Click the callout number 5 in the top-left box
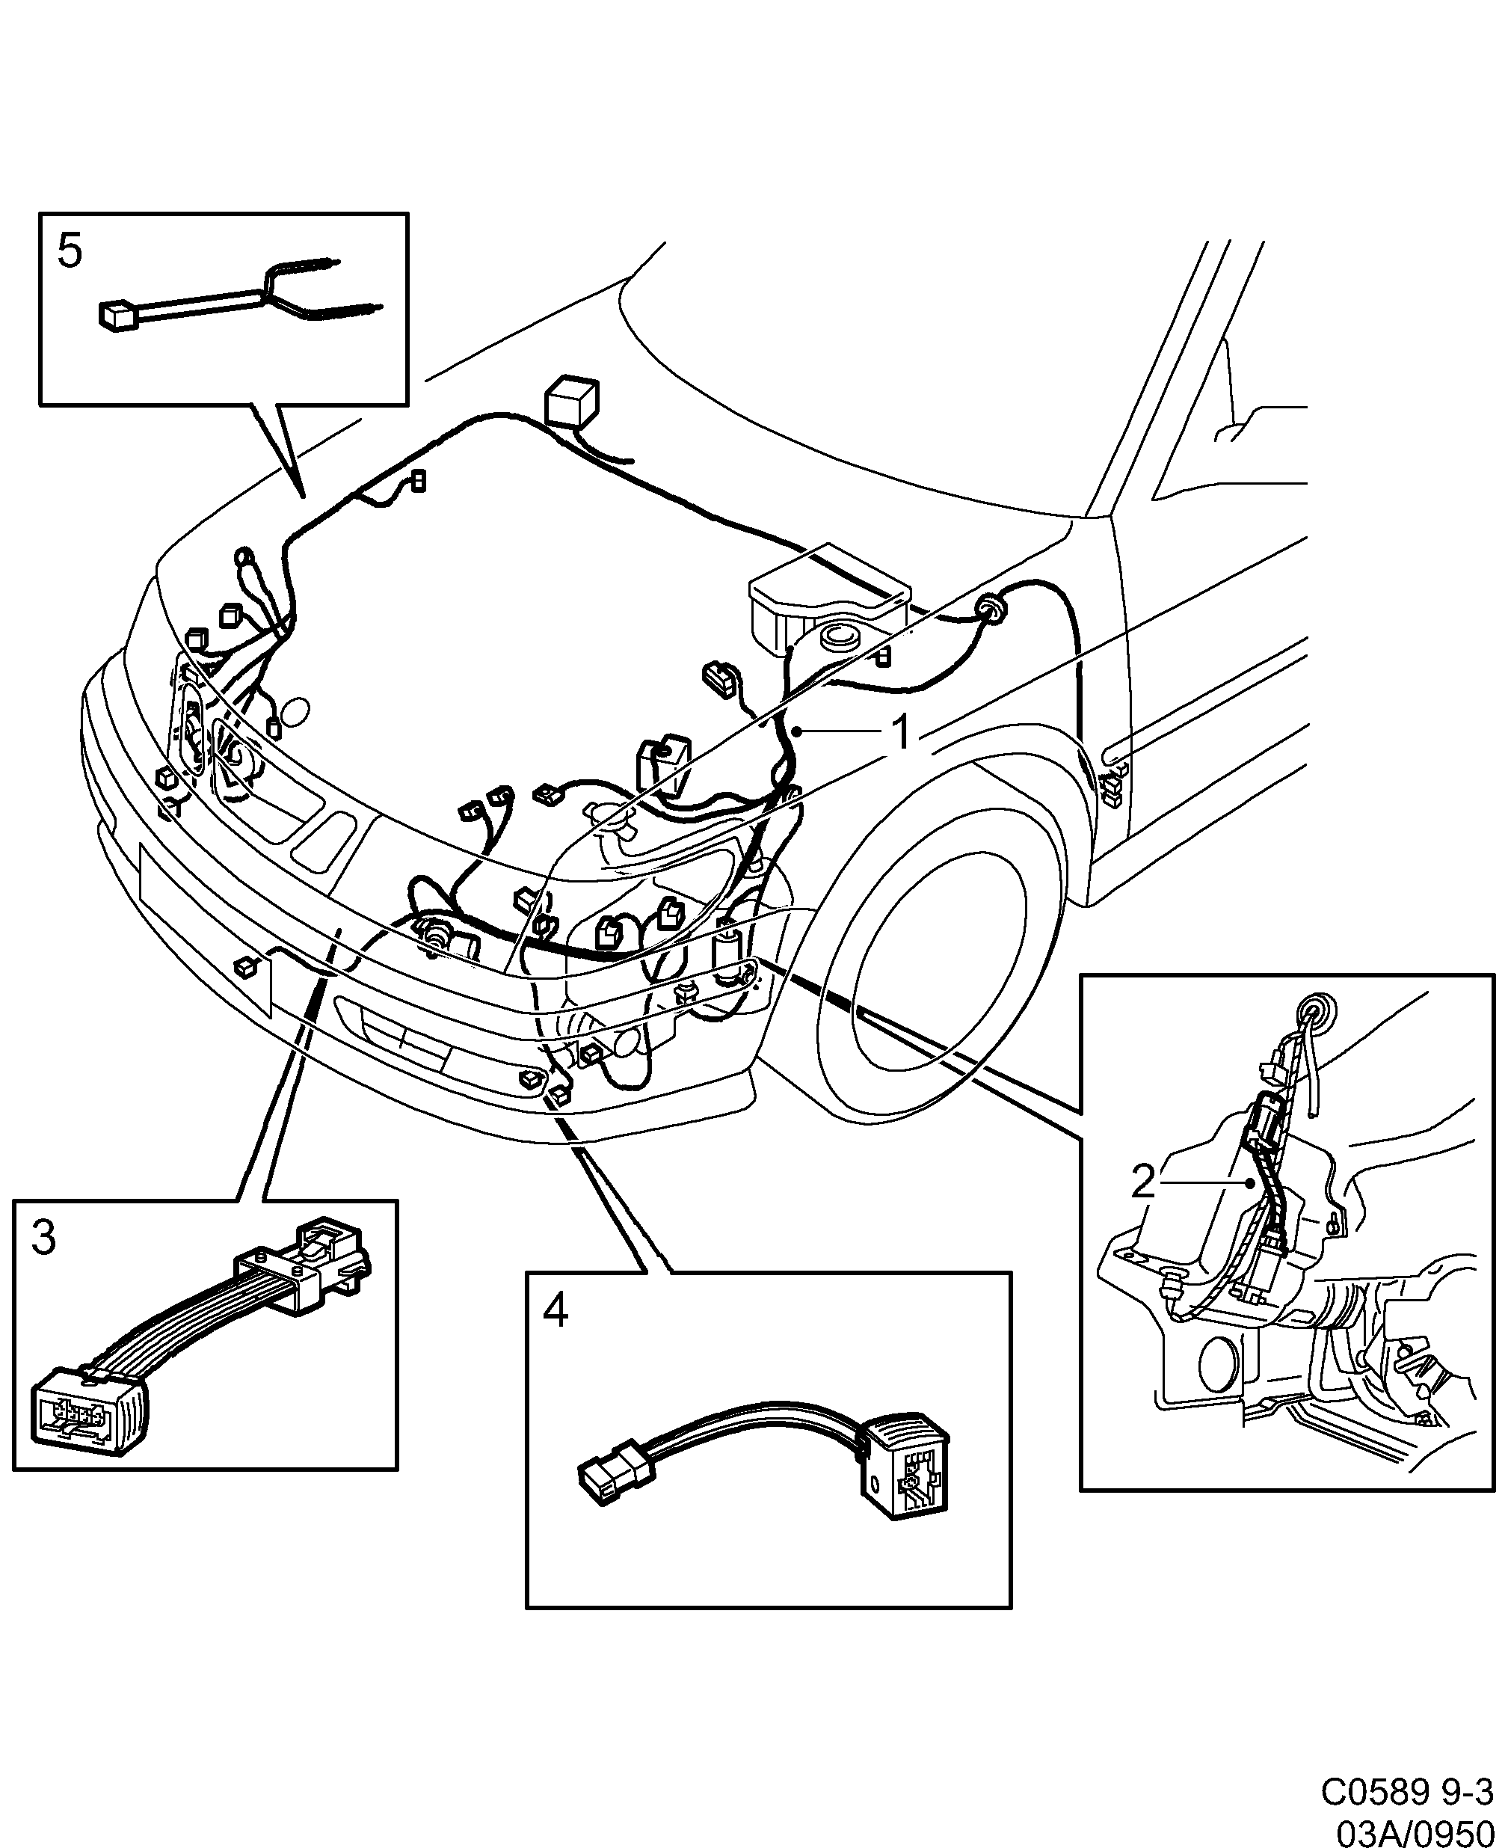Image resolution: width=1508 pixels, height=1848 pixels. tap(70, 252)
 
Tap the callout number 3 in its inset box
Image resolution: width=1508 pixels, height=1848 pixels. tap(43, 1238)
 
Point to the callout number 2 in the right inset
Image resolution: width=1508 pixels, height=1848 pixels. tap(1143, 1182)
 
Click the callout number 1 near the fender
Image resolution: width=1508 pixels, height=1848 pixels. tap(902, 731)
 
